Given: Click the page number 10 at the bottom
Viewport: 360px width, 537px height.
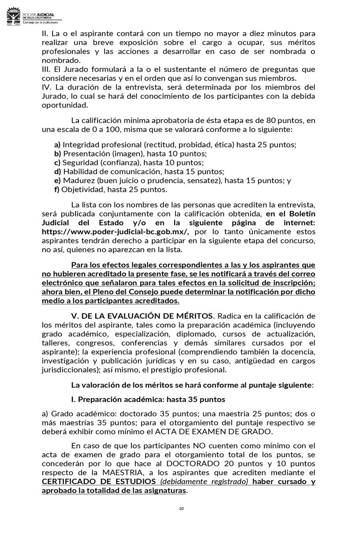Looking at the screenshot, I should tap(181, 509).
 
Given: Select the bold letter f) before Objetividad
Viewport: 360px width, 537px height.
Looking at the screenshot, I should tap(57, 190).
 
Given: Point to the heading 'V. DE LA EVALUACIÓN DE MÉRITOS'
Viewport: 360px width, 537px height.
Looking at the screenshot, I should tap(142, 316).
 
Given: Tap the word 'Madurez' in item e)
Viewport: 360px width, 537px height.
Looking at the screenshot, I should tap(77, 181).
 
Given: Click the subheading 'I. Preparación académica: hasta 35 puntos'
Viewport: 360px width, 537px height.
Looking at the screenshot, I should tap(148, 399).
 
